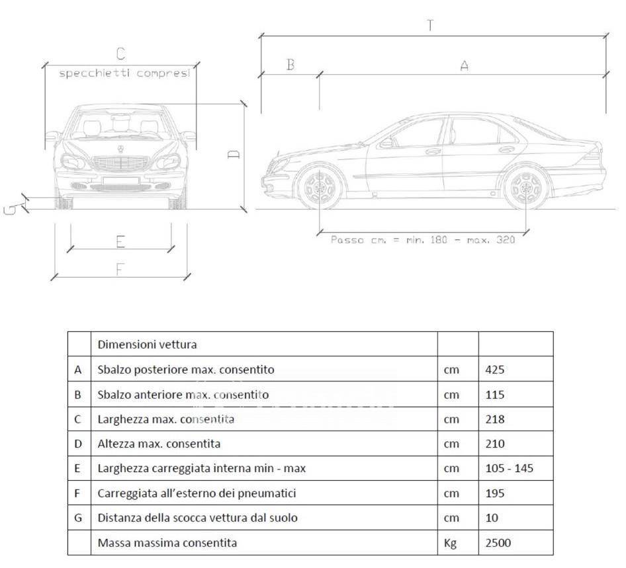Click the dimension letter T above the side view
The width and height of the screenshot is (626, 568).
tap(430, 25)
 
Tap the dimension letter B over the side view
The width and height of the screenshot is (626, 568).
tap(291, 65)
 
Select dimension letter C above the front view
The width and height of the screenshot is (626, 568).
tap(120, 54)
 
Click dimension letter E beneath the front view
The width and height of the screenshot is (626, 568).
tap(120, 242)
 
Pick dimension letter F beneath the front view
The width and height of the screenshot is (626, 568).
tap(120, 270)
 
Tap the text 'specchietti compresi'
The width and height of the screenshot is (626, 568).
tap(124, 73)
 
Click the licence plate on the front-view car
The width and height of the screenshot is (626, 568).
tap(120, 181)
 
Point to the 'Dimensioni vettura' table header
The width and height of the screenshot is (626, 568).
tap(148, 345)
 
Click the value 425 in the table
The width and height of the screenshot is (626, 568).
tap(495, 370)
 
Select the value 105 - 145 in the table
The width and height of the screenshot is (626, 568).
tap(509, 468)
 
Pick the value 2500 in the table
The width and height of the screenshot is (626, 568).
tap(498, 542)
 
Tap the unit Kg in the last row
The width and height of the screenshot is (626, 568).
tap(450, 543)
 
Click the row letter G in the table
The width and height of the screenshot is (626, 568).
tap(78, 518)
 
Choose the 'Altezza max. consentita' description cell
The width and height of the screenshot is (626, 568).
tap(159, 444)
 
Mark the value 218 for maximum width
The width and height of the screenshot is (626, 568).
tap(495, 419)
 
